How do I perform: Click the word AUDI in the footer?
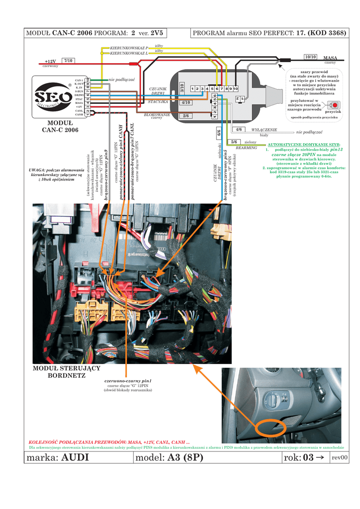pyautogui.click(x=75, y=458)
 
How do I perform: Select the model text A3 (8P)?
pyautogui.click(x=185, y=458)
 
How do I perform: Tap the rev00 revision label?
pyautogui.click(x=340, y=458)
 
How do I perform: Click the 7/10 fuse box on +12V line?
pyautogui.click(x=69, y=61)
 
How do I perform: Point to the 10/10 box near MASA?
pyautogui.click(x=310, y=57)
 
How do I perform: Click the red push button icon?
pyautogui.click(x=335, y=105)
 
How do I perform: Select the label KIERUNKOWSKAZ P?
pyautogui.click(x=129, y=48)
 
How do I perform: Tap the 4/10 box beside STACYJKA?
pyautogui.click(x=186, y=102)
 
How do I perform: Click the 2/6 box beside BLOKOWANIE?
pyautogui.click(x=186, y=116)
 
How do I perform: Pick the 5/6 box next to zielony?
pyautogui.click(x=234, y=142)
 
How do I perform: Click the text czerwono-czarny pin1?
pyautogui.click(x=128, y=381)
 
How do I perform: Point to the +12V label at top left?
pyautogui.click(x=50, y=61)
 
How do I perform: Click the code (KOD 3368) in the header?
pyautogui.click(x=326, y=33)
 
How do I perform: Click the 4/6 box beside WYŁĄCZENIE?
pyautogui.click(x=239, y=130)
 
